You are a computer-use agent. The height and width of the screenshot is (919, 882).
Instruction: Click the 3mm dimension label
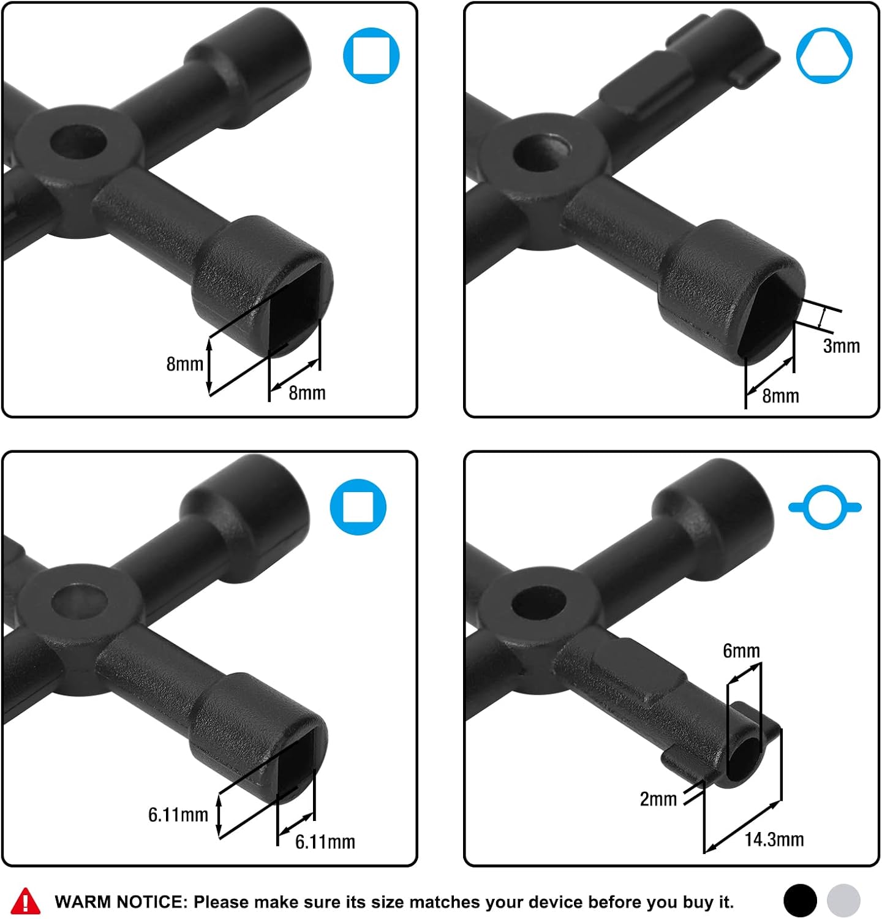(842, 346)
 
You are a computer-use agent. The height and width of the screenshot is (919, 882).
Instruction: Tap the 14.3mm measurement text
(774, 839)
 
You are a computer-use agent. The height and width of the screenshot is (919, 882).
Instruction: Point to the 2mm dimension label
(658, 799)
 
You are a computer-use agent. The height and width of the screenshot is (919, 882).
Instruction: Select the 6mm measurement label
(741, 651)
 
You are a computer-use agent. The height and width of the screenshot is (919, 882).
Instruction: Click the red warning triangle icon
(26, 901)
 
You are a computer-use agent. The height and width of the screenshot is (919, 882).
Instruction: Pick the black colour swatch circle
(800, 901)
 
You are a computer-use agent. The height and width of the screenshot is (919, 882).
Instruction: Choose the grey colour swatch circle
(843, 901)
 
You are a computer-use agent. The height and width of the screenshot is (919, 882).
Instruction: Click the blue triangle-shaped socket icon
(824, 56)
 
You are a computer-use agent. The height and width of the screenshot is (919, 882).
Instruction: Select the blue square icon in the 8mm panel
(371, 56)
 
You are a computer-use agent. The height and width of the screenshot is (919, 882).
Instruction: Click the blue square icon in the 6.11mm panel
(358, 507)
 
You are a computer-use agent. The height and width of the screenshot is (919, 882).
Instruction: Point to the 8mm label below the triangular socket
(780, 396)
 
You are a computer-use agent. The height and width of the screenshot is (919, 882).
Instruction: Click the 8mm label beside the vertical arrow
(185, 364)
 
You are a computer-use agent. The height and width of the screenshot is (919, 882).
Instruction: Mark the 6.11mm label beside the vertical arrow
(178, 815)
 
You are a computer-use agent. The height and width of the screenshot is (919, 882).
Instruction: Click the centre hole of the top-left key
(78, 141)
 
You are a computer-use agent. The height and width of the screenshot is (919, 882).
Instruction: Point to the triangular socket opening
(769, 312)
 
